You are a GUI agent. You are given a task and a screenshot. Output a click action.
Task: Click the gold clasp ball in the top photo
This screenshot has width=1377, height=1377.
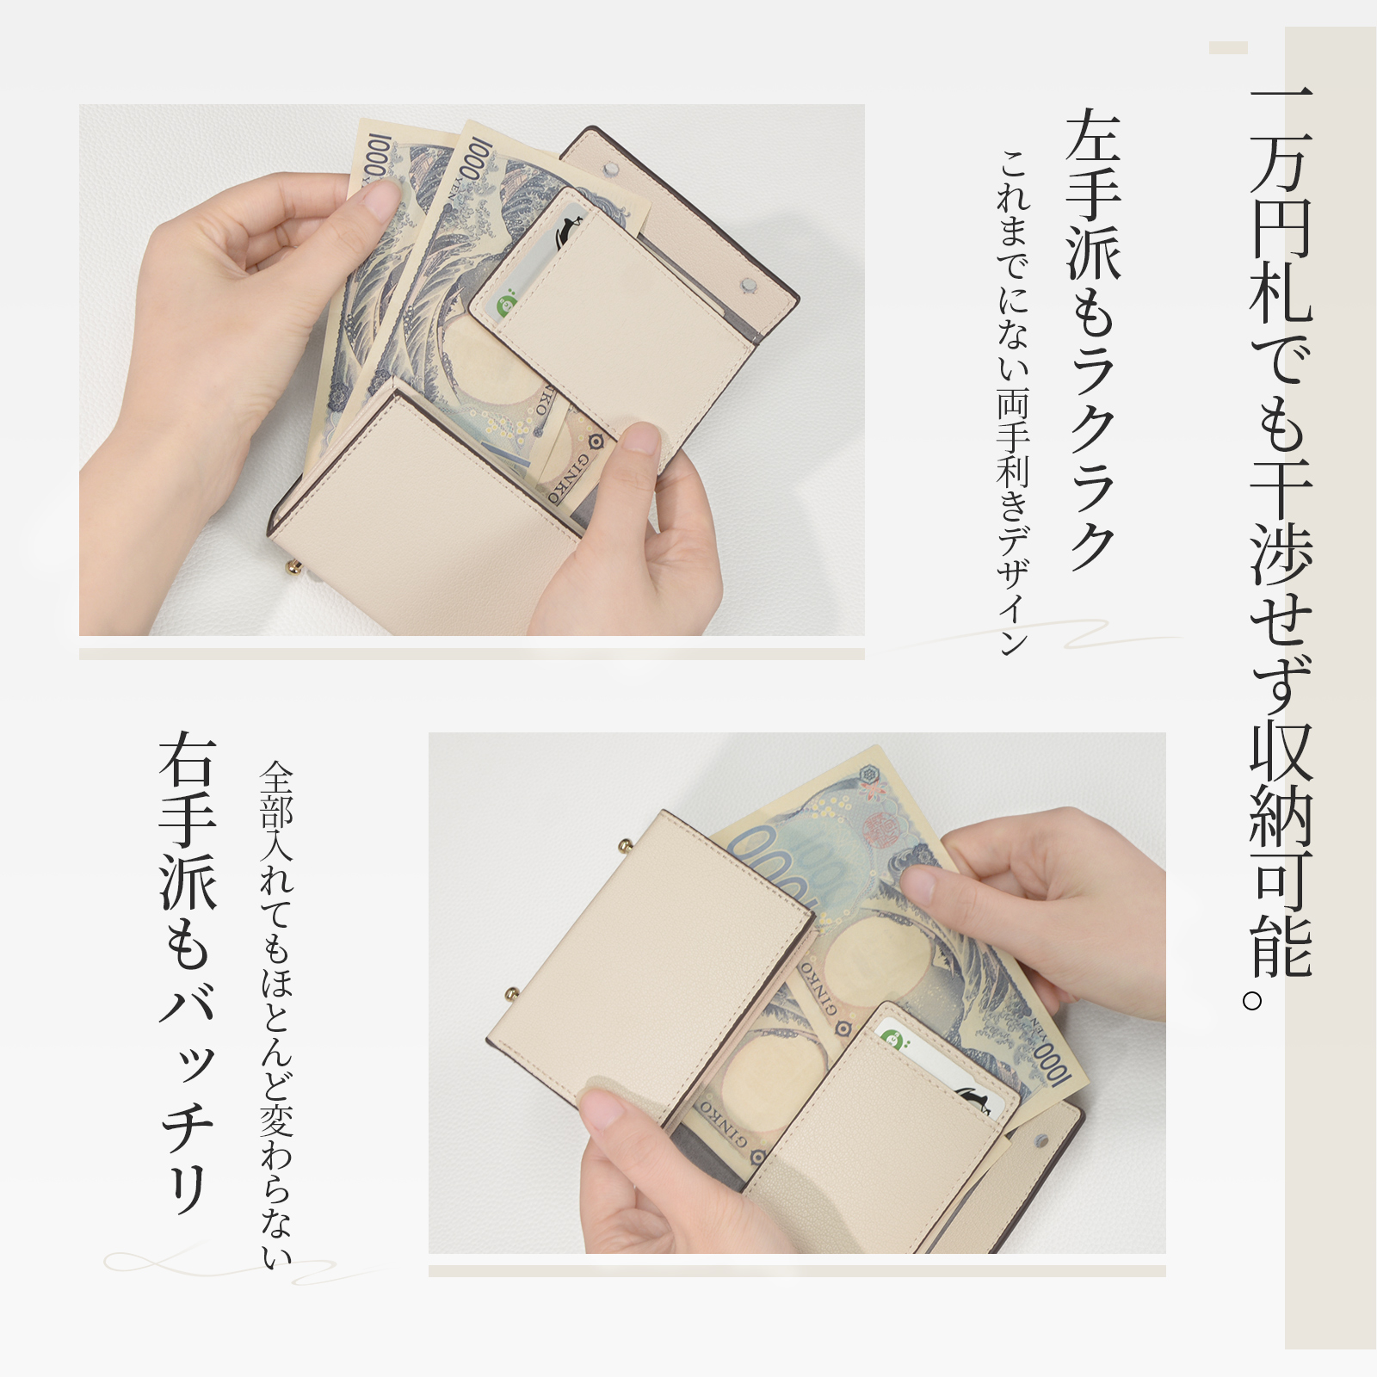pos(293,569)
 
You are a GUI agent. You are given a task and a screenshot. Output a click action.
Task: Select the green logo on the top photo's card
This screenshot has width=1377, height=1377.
pos(508,303)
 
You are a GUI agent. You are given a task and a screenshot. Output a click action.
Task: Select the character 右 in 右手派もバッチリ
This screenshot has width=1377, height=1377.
pos(188,761)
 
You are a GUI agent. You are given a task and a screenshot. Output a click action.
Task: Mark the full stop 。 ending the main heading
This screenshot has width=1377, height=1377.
pos(1254,999)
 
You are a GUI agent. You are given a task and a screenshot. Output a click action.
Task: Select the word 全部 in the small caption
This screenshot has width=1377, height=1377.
pos(276,795)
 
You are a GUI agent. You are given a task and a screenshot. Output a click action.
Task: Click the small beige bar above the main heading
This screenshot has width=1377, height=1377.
pos(1228,47)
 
